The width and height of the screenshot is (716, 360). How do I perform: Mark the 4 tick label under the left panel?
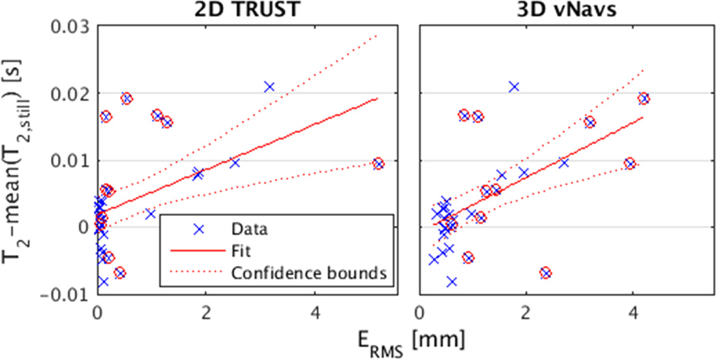[x=314, y=315]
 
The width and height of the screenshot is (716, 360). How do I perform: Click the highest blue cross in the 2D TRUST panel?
[x=269, y=87]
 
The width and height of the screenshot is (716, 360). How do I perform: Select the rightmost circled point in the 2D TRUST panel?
[x=378, y=164]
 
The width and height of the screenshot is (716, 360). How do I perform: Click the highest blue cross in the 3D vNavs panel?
[x=514, y=87]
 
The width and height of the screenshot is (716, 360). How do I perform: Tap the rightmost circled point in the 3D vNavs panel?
[x=643, y=98]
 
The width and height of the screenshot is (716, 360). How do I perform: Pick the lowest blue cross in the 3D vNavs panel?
[x=451, y=281]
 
